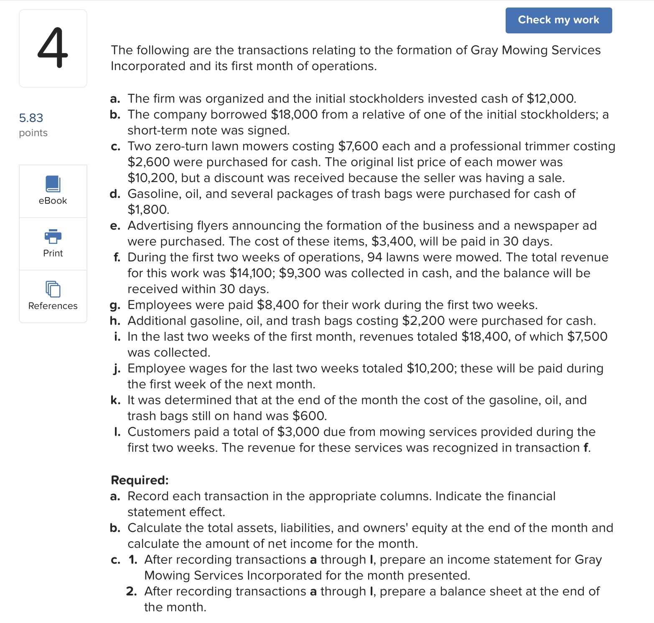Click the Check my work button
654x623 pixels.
pyautogui.click(x=558, y=20)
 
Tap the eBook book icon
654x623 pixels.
pyautogui.click(x=53, y=184)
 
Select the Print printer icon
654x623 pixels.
pyautogui.click(x=53, y=236)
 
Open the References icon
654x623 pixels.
pyautogui.click(x=53, y=289)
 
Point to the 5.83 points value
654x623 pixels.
pyautogui.click(x=31, y=118)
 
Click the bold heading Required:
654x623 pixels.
pyautogui.click(x=140, y=480)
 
